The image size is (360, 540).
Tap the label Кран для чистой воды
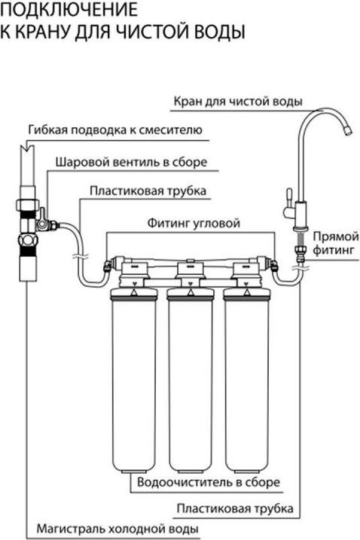click(x=238, y=102)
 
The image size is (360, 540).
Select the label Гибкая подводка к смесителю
click(x=115, y=130)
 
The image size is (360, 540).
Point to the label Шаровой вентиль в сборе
click(x=131, y=162)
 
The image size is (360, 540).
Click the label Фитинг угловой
click(x=194, y=223)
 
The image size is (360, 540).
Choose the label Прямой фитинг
click(x=336, y=243)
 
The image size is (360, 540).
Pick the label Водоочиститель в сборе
click(x=209, y=482)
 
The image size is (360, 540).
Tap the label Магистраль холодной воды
click(x=117, y=529)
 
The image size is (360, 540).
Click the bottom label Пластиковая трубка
click(x=235, y=508)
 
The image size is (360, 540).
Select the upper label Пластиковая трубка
click(x=148, y=191)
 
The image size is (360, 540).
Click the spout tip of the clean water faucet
click(x=348, y=131)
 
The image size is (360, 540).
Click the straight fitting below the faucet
click(x=300, y=250)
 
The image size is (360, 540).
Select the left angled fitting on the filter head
click(x=108, y=266)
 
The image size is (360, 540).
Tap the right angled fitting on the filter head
click(x=274, y=266)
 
